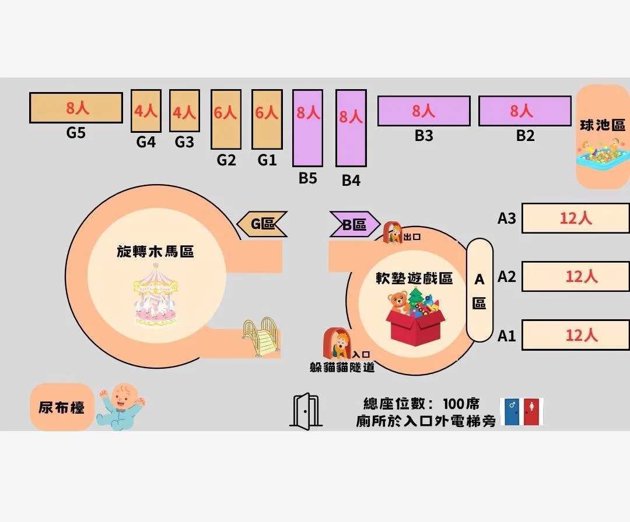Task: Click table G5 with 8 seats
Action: [76, 108]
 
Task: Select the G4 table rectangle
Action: [146, 111]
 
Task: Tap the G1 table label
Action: [267, 160]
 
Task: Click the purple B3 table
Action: [423, 111]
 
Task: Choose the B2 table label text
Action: [525, 136]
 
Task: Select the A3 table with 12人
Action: [575, 218]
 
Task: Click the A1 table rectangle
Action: [575, 335]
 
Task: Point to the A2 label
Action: [506, 276]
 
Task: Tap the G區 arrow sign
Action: [262, 224]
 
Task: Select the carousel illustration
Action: [156, 295]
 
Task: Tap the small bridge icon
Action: [261, 337]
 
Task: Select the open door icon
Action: [305, 411]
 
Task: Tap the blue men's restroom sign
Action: [512, 412]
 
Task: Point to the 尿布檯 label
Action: [62, 407]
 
